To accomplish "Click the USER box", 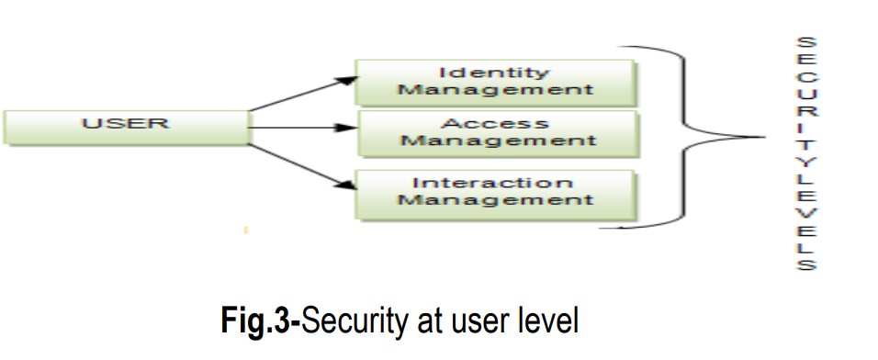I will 126,126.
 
